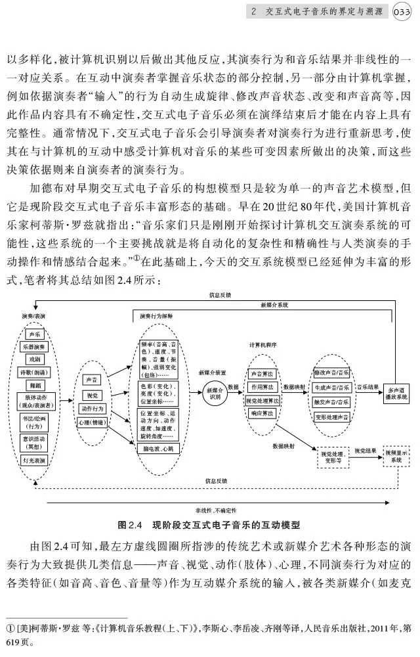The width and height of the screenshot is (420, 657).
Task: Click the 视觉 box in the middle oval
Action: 91,396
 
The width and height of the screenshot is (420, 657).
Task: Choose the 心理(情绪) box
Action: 91,422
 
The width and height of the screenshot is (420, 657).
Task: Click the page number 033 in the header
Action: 401,11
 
